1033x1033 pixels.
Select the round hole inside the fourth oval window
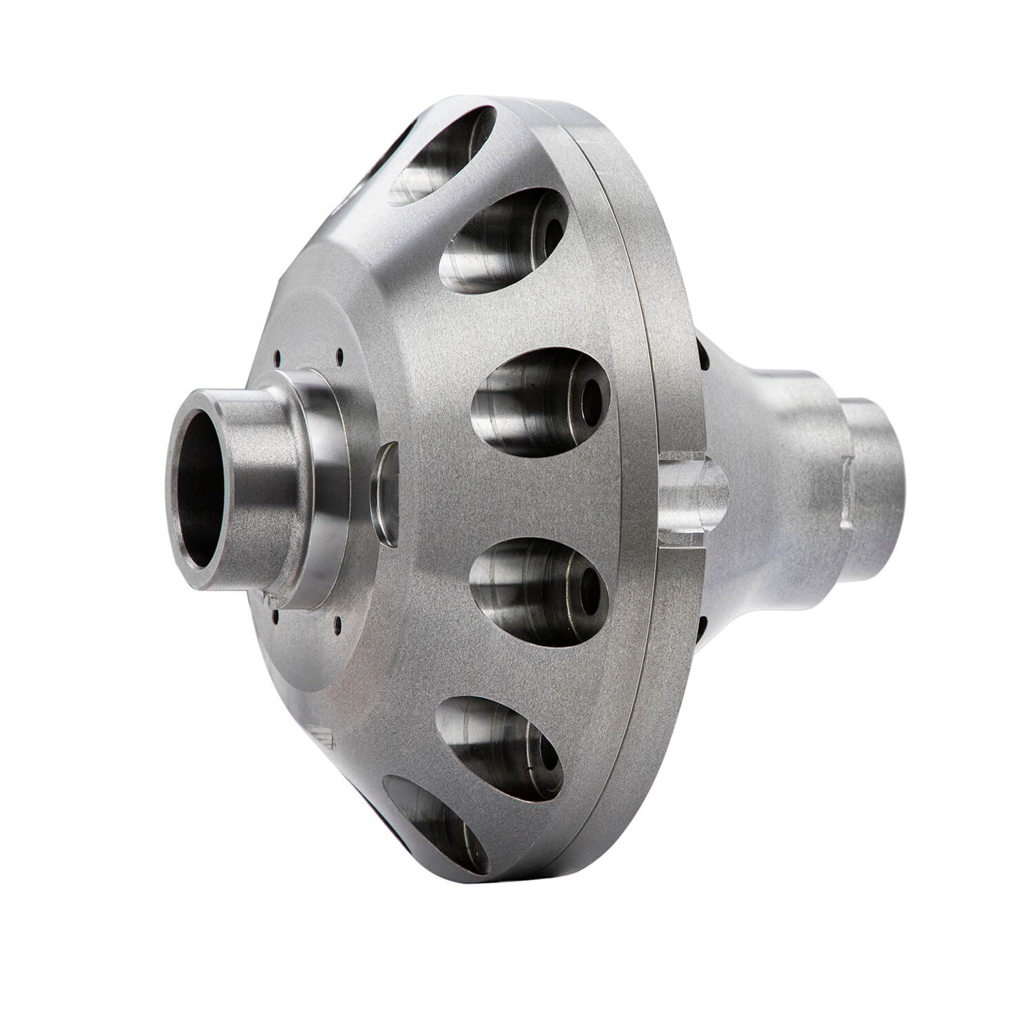click(589, 589)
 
